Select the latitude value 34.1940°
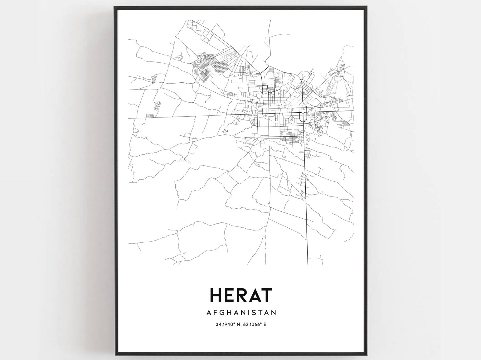pos(226,325)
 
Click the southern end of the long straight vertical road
pos(308,263)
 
